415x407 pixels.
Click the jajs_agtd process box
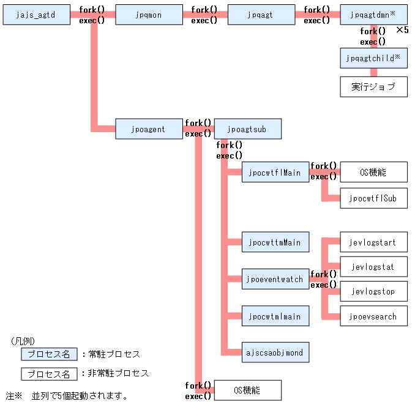coord(37,15)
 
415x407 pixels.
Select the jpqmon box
coord(149,15)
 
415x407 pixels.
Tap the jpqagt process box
coord(261,15)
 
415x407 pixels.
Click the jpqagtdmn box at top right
coord(373,15)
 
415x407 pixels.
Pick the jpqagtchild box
coord(373,58)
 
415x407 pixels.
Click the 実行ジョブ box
coord(373,87)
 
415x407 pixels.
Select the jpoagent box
coord(149,129)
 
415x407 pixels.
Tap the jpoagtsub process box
coord(247,129)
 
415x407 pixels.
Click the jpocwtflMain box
coord(275,173)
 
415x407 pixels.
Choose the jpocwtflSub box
coord(373,198)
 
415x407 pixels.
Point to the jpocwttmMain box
coord(275,242)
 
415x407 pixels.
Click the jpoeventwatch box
coord(275,279)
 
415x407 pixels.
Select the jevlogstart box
coord(373,242)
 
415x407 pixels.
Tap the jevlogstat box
coord(373,267)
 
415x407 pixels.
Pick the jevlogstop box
coord(373,291)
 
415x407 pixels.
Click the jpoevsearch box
coord(373,316)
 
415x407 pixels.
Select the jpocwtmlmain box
coord(275,316)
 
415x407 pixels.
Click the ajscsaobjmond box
coord(275,353)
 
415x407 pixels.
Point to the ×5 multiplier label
coord(402,30)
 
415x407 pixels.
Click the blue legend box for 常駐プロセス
coord(49,354)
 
